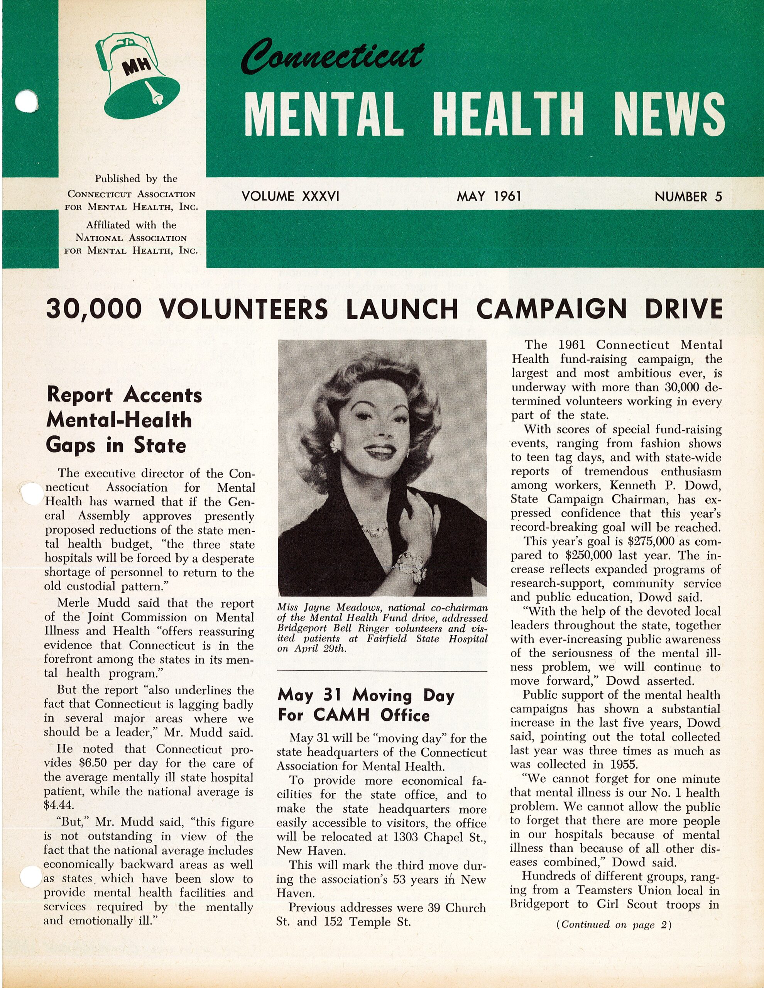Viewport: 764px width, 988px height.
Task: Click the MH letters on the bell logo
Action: (134, 68)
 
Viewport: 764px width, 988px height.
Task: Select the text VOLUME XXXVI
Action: (291, 196)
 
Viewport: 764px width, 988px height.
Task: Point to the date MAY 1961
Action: (489, 196)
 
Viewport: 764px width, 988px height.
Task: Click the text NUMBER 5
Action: (688, 197)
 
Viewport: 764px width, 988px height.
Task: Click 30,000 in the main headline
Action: (94, 309)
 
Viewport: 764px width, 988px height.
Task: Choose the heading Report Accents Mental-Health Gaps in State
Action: (124, 420)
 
